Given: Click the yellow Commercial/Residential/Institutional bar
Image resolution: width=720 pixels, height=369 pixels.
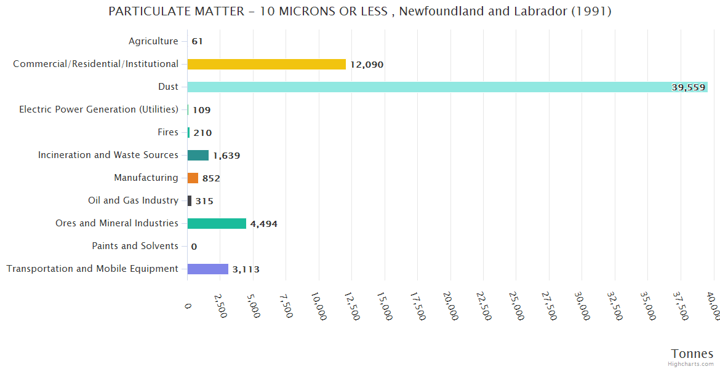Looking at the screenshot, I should click(x=266, y=64).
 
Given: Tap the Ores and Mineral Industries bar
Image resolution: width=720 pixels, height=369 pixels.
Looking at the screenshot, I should click(x=217, y=223).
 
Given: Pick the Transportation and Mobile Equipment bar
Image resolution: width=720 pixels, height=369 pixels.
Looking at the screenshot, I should click(x=208, y=269).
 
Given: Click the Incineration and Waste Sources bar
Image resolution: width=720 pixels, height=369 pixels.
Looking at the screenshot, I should click(x=198, y=155).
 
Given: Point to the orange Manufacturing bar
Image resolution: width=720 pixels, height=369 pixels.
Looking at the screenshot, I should click(x=193, y=178).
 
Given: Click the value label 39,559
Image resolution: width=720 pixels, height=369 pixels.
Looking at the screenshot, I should click(x=688, y=87).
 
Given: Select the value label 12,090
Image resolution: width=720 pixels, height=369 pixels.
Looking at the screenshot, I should click(x=367, y=65).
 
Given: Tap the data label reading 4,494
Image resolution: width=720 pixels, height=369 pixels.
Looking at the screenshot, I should click(x=263, y=224).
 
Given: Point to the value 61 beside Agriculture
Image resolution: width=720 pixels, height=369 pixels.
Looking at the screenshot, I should click(x=197, y=42).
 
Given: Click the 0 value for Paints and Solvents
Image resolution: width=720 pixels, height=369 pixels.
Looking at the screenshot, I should click(x=194, y=247).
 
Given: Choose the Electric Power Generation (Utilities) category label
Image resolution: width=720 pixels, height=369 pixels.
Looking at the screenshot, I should click(x=98, y=109).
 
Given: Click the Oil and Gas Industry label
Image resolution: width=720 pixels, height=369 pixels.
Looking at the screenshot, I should click(x=133, y=200).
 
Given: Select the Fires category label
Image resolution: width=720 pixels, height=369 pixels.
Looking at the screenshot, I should click(x=168, y=132).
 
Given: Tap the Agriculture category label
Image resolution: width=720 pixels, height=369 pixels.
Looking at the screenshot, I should click(x=153, y=41).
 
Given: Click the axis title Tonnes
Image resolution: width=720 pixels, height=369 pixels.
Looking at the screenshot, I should click(x=692, y=354).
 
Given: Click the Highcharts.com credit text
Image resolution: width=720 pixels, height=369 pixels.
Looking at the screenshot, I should click(x=691, y=364).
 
